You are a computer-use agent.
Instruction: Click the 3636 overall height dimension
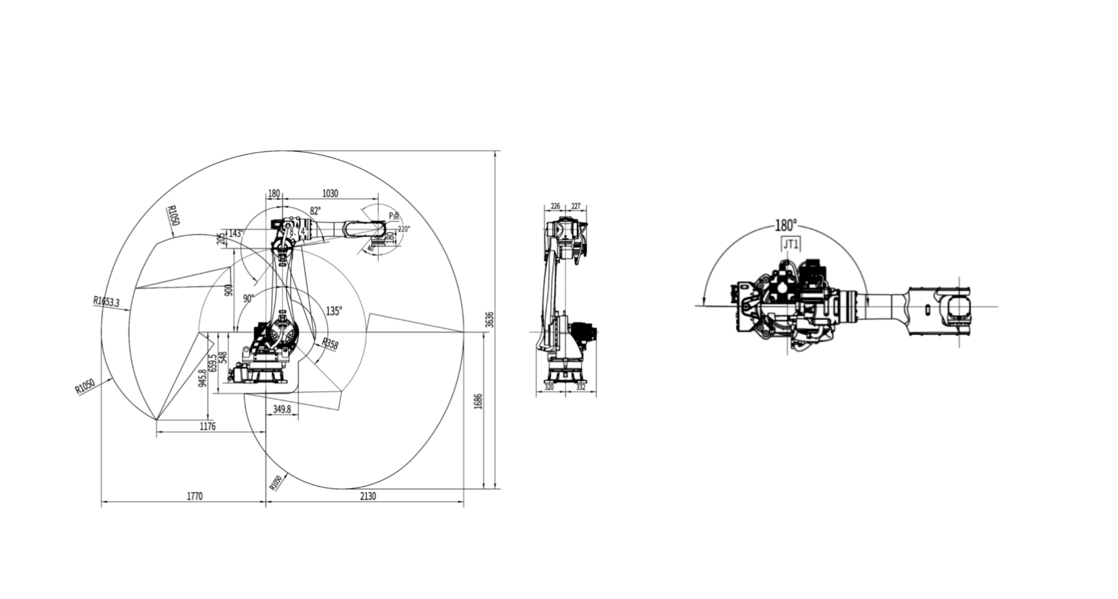click(490, 319)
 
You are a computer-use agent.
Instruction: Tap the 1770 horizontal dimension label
click(194, 496)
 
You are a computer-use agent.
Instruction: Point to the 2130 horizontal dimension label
click(368, 496)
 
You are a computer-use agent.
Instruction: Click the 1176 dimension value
click(208, 426)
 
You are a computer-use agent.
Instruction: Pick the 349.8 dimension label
click(282, 408)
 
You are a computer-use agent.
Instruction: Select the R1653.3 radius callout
click(106, 301)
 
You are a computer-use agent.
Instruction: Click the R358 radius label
click(330, 343)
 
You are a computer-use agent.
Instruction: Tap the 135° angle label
click(334, 311)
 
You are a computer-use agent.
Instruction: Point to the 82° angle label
click(315, 211)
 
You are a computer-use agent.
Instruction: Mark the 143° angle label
click(236, 234)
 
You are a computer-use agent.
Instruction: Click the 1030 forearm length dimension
click(330, 193)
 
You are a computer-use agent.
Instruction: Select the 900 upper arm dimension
click(229, 290)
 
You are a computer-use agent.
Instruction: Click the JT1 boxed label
click(791, 244)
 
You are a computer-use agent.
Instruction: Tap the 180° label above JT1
click(785, 224)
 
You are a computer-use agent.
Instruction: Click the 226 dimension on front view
click(555, 206)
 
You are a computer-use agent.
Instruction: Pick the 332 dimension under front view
click(581, 387)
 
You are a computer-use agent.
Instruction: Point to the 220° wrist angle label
click(403, 229)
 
